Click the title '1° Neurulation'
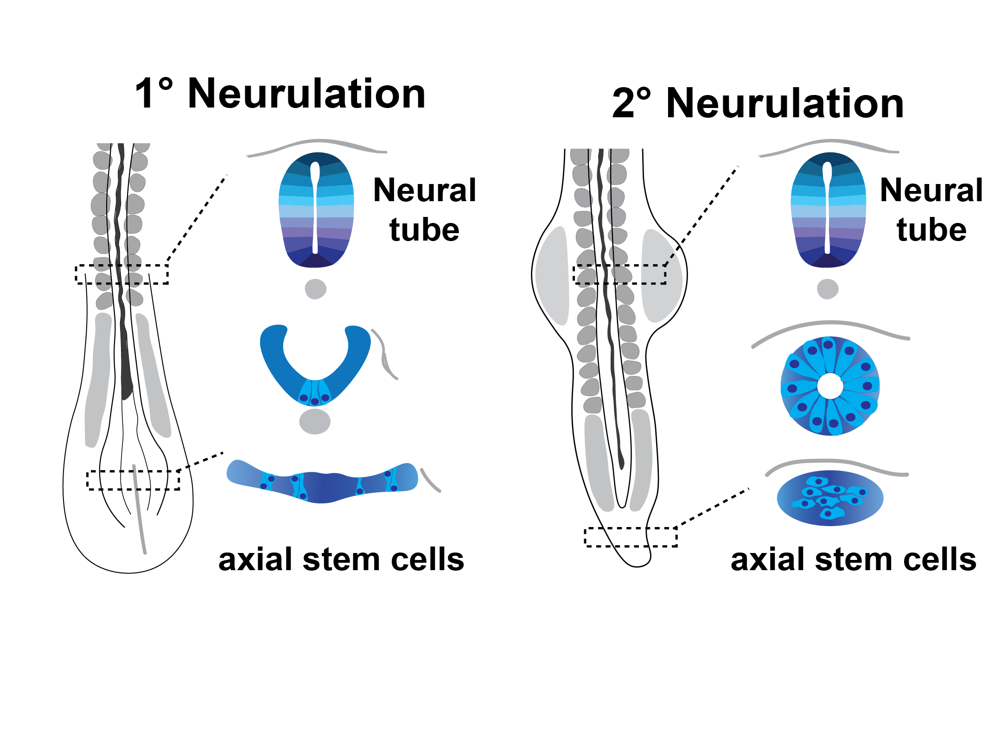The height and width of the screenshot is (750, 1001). (x=280, y=94)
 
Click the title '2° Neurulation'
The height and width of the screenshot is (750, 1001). (x=758, y=103)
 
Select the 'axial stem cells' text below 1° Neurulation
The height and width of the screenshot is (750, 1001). (x=341, y=559)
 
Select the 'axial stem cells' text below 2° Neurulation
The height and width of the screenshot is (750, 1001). (x=854, y=559)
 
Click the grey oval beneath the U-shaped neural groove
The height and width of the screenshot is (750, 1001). (x=315, y=421)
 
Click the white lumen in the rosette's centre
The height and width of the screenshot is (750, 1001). (x=830, y=386)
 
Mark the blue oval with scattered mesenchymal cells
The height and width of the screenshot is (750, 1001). (x=830, y=498)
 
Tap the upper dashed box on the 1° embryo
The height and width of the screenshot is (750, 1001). (x=122, y=274)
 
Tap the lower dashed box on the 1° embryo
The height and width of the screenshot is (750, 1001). (x=133, y=480)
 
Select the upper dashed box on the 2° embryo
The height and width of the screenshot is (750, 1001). (x=619, y=274)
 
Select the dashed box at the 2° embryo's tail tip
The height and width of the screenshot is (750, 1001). (x=631, y=537)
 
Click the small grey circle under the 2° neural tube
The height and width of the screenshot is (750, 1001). (x=828, y=289)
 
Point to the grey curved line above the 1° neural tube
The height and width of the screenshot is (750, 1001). (x=316, y=141)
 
